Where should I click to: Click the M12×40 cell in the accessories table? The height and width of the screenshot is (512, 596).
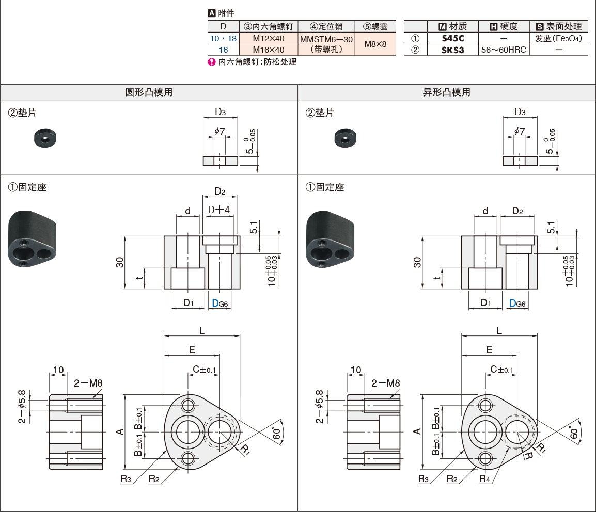coord(268,39)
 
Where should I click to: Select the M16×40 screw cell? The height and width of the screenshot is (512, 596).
coord(268,50)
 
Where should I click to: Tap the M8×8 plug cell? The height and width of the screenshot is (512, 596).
coord(375,44)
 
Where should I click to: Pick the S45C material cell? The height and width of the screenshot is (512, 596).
coord(453,39)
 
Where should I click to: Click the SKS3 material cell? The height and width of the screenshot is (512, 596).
coord(453,50)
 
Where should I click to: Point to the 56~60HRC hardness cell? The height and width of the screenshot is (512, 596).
coord(503,50)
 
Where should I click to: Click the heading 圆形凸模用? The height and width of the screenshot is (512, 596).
coord(149,92)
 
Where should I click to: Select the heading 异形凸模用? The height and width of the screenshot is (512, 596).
coord(447,92)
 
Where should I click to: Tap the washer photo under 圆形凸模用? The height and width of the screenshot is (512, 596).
coord(45,138)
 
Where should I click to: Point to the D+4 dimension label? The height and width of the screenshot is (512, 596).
coord(218,209)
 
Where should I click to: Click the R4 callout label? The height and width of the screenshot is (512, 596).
coord(484,478)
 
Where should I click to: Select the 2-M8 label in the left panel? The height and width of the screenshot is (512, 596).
coord(88,383)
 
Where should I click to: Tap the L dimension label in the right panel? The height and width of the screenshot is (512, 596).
coord(499,330)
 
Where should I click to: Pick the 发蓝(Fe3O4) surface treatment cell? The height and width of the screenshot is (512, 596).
coord(559,39)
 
